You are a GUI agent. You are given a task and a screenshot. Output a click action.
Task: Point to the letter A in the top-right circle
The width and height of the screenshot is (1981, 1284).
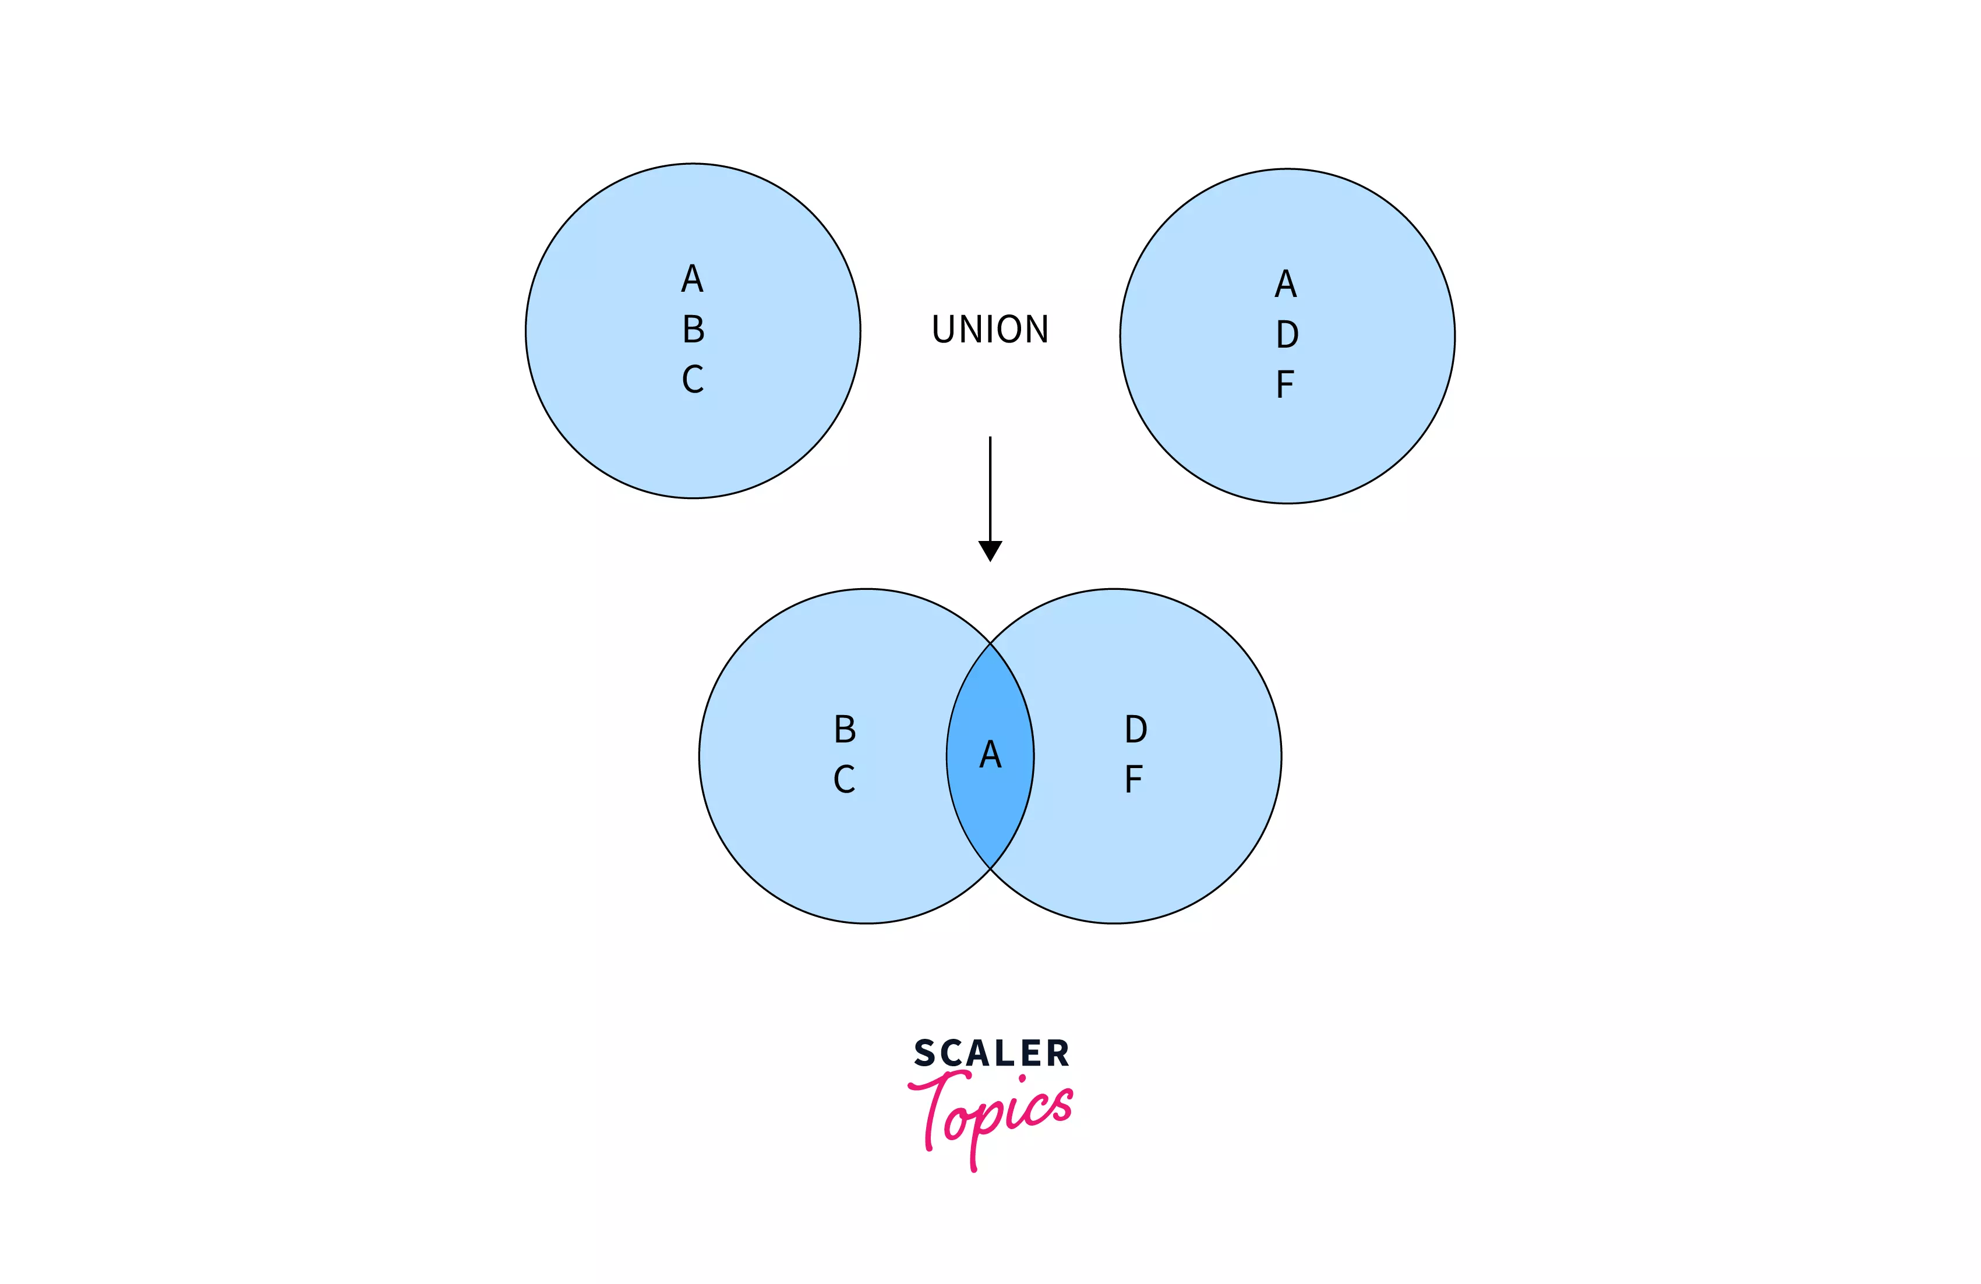point(1286,284)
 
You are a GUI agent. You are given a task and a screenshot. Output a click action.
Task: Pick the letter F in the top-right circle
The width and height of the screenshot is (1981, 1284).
point(1284,384)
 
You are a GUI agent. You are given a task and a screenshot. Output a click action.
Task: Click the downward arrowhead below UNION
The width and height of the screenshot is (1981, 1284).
point(990,550)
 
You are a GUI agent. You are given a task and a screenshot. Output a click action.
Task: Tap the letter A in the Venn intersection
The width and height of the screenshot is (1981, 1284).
point(990,754)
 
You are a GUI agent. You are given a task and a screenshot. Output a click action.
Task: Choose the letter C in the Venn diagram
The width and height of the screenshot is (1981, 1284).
point(844,779)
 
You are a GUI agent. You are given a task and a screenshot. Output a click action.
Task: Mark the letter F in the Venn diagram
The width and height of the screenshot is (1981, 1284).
point(1133,779)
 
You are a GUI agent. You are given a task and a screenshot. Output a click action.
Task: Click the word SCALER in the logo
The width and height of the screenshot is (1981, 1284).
point(991,1053)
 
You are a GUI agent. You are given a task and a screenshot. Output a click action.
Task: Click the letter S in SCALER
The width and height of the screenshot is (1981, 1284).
point(925,1053)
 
